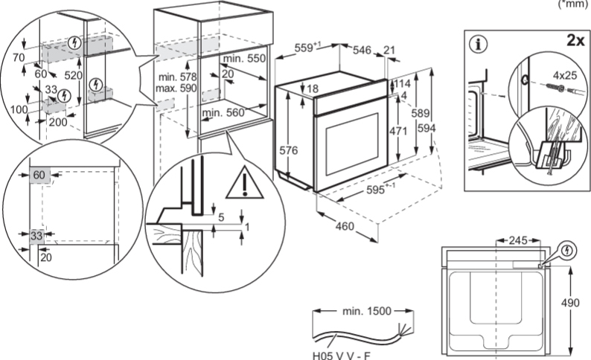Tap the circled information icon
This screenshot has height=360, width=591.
click(x=478, y=43)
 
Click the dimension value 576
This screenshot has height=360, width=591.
click(x=289, y=151)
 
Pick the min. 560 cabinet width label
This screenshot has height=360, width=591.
click(x=223, y=112)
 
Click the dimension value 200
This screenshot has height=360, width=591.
click(x=57, y=122)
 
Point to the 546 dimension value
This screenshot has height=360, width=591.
click(x=362, y=50)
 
